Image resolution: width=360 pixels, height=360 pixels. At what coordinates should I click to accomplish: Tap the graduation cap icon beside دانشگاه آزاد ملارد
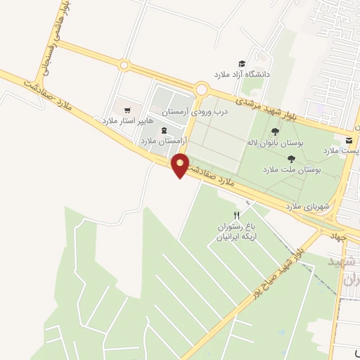241,63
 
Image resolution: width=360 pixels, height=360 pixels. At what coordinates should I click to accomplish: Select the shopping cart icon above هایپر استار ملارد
127,110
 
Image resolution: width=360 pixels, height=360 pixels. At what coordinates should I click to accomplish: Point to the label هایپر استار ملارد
127,120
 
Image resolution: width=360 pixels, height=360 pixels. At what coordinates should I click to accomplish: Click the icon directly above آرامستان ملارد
164,130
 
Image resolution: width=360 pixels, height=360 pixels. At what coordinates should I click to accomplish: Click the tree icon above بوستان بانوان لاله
274,131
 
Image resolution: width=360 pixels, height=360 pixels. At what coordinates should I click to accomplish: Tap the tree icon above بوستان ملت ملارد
291,159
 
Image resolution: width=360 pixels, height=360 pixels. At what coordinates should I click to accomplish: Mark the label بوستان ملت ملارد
291,169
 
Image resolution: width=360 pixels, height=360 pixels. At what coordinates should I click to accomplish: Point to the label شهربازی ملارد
303,206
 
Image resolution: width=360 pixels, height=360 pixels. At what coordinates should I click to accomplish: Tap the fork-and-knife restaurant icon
237,215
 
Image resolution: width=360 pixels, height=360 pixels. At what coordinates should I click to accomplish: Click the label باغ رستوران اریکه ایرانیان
236,233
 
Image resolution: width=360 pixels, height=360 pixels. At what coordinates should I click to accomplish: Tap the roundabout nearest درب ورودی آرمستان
202,89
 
